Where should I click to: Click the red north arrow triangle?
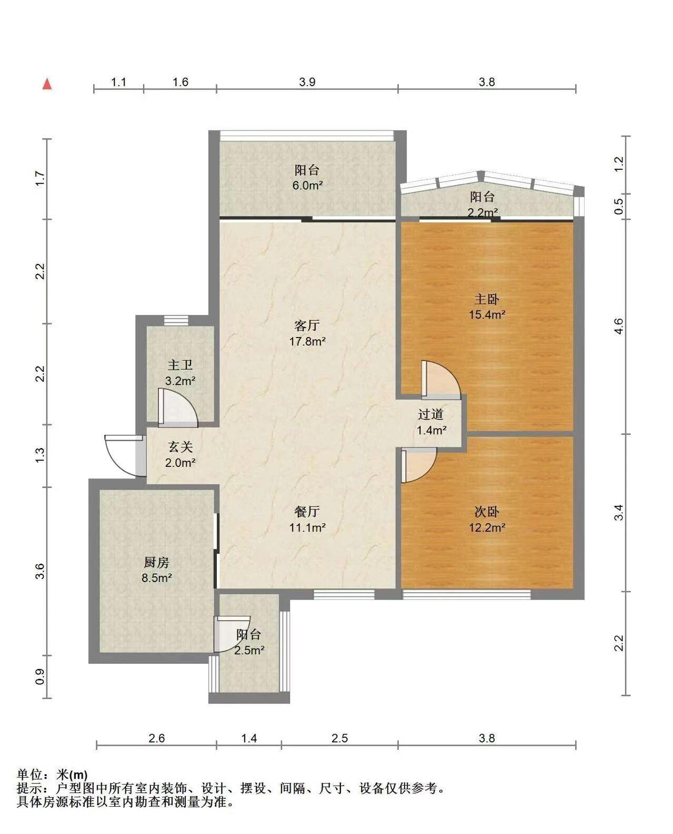click(x=47, y=84)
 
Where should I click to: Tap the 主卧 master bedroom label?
click(x=486, y=299)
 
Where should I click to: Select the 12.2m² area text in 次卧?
click(x=487, y=527)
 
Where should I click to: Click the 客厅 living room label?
click(x=307, y=325)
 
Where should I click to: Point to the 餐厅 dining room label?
click(x=307, y=512)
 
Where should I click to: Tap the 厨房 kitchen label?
click(x=156, y=562)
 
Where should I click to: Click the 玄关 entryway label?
click(x=180, y=447)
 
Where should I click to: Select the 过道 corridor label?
click(x=430, y=414)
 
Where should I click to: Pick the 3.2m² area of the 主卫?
click(x=180, y=381)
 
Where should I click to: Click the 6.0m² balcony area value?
click(x=307, y=185)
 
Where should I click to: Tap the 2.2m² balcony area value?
click(x=483, y=212)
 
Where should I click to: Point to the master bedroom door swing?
click(x=441, y=380)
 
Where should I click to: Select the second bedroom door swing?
click(x=419, y=465)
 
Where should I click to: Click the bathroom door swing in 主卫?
click(x=178, y=407)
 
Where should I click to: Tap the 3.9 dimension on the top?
click(x=307, y=82)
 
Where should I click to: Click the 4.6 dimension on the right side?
click(x=619, y=326)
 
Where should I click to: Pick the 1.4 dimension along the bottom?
click(x=249, y=738)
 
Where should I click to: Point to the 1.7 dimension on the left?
click(x=41, y=179)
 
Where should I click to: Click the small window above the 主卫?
click(x=176, y=320)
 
